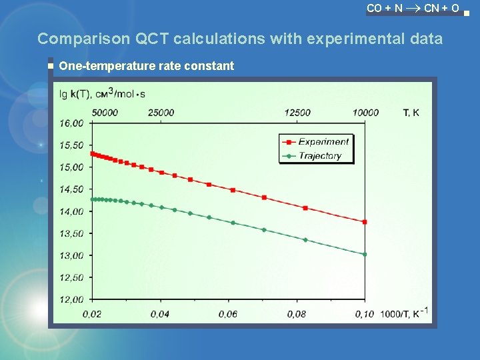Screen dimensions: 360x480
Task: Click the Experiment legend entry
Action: click(x=323, y=142)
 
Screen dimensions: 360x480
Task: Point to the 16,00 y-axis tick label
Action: click(x=71, y=123)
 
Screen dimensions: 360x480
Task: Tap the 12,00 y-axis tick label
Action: click(x=71, y=299)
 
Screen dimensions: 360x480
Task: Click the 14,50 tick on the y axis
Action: click(x=71, y=189)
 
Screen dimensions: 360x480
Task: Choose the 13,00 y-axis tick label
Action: click(x=71, y=255)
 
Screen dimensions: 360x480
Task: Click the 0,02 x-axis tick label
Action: click(x=92, y=313)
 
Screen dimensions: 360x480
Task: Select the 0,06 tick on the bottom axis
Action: click(x=228, y=313)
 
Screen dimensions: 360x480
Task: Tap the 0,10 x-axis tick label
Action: click(x=365, y=313)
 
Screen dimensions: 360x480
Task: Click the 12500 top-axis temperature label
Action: click(x=297, y=113)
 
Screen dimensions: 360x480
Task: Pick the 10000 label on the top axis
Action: click(x=365, y=113)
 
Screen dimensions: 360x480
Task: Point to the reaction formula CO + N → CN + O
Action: click(x=413, y=8)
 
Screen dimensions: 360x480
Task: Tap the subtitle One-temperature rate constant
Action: click(x=147, y=65)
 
